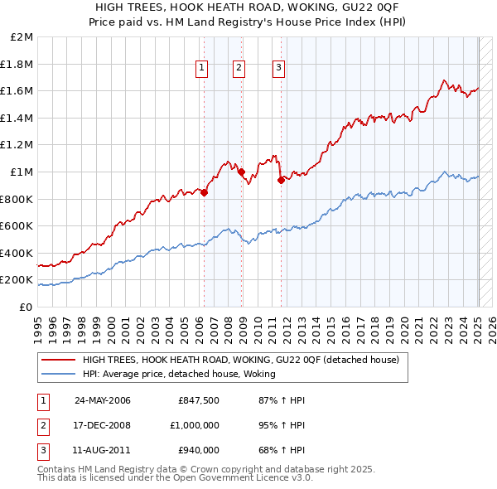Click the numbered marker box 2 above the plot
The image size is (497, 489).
(239, 69)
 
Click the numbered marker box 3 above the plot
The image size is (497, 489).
(278, 69)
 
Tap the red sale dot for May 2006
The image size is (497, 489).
(204, 192)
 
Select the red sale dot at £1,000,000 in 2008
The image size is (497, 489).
(242, 172)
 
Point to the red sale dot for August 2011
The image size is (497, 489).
(281, 180)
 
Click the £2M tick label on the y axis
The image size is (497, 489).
(22, 37)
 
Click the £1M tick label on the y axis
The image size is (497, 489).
(22, 172)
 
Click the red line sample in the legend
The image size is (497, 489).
(58, 360)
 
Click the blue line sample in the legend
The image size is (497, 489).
(58, 374)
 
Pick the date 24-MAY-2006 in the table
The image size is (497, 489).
(103, 400)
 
